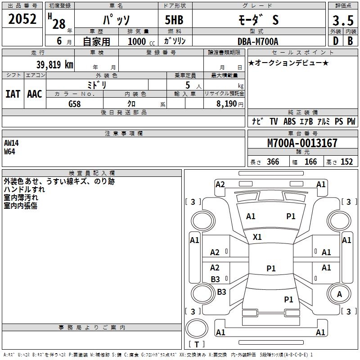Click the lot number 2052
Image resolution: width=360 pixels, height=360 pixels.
(22, 19)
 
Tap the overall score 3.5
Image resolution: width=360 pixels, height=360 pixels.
(342, 21)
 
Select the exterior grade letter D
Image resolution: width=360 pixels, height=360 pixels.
(335, 41)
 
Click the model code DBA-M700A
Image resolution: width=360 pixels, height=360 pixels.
(258, 41)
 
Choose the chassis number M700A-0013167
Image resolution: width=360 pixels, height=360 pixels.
(302, 144)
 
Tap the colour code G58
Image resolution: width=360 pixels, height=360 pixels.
(75, 104)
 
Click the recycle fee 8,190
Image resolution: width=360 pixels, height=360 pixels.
(224, 104)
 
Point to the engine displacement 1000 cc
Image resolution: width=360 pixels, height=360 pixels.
(139, 41)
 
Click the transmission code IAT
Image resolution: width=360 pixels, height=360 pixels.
(13, 94)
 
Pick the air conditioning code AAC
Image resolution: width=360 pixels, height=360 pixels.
(34, 94)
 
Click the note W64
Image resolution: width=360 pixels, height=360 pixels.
(9, 151)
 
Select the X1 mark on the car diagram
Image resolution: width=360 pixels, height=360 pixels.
(257, 237)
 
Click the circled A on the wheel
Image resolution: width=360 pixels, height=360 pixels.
(339, 294)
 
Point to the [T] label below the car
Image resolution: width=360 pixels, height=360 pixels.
(196, 344)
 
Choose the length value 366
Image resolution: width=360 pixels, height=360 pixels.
(272, 162)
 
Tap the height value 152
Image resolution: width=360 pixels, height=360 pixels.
(346, 162)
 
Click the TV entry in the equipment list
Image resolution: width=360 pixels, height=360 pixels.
(274, 121)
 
